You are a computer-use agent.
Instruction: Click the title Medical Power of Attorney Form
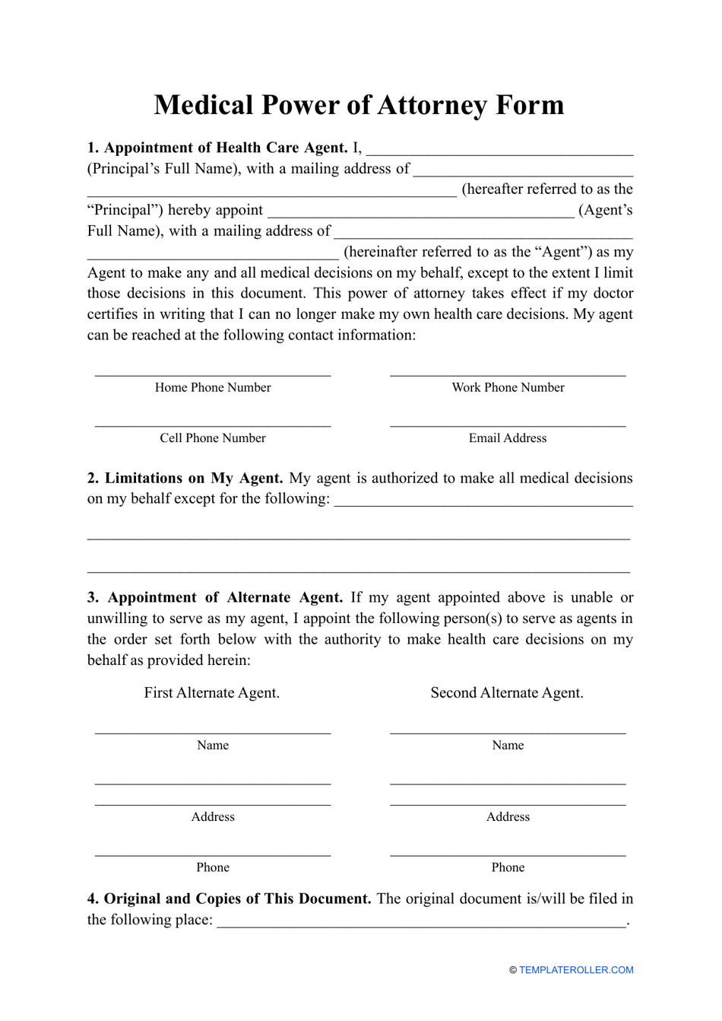pyautogui.click(x=359, y=105)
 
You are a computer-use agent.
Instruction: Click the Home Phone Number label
pyautogui.click(x=213, y=387)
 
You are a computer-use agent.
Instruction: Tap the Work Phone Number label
pyautogui.click(x=508, y=387)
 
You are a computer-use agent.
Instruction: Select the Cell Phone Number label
pyautogui.click(x=213, y=438)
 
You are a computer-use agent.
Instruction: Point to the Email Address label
pyautogui.click(x=508, y=438)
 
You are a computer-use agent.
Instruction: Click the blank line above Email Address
pyautogui.click(x=508, y=425)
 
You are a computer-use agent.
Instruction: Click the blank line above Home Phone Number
pyautogui.click(x=213, y=374)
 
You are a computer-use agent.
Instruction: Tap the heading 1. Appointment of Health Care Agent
pyautogui.click(x=217, y=148)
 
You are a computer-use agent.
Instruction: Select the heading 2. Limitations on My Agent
pyautogui.click(x=185, y=478)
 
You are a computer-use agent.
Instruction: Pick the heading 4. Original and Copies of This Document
pyautogui.click(x=229, y=899)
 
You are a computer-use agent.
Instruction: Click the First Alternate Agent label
pyautogui.click(x=212, y=693)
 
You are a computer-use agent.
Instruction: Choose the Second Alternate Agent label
pyautogui.click(x=507, y=693)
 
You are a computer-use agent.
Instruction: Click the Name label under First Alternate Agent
pyautogui.click(x=213, y=746)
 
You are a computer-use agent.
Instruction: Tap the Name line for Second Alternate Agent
pyautogui.click(x=508, y=732)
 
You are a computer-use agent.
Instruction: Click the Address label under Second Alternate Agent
pyautogui.click(x=508, y=817)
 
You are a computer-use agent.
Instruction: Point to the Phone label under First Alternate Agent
pyautogui.click(x=213, y=867)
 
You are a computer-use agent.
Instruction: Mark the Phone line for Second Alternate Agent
pyautogui.click(x=508, y=854)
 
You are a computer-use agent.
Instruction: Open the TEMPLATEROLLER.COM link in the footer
pyautogui.click(x=576, y=970)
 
